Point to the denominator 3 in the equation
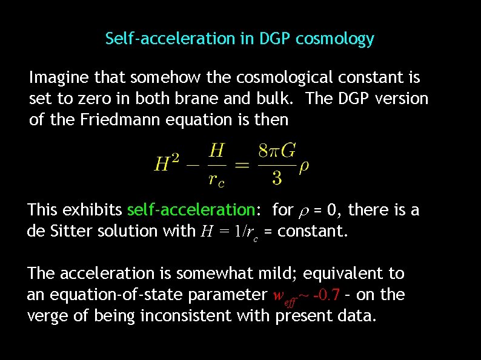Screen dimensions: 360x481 pyautogui.click(x=277, y=177)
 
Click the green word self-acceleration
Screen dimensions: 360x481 pyautogui.click(x=191, y=210)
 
